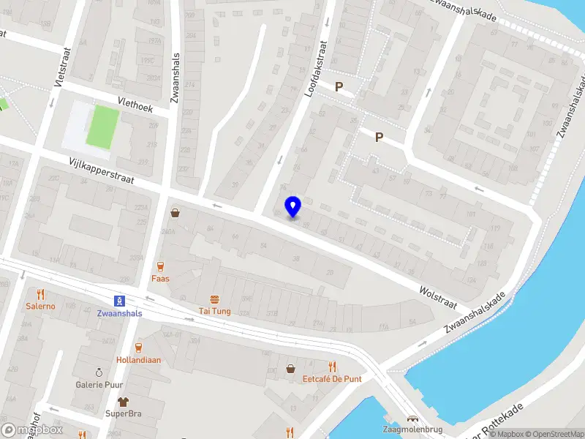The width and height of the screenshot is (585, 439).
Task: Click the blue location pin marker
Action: pos(293,207)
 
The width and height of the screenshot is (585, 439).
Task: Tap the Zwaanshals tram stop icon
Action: pos(119,300)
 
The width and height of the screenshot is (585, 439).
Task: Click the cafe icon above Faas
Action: pos(160,266)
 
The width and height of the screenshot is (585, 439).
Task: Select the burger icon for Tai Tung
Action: pos(215,299)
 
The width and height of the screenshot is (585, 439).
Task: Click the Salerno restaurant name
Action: pos(40,306)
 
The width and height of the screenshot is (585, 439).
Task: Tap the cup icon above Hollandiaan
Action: pos(138,348)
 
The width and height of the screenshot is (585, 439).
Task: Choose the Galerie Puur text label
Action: pos(99,384)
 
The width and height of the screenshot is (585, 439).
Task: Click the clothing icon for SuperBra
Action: pos(123,402)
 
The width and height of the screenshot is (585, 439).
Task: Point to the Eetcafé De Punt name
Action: pos(333,378)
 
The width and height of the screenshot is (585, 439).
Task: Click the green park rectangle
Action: pos(102,127)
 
